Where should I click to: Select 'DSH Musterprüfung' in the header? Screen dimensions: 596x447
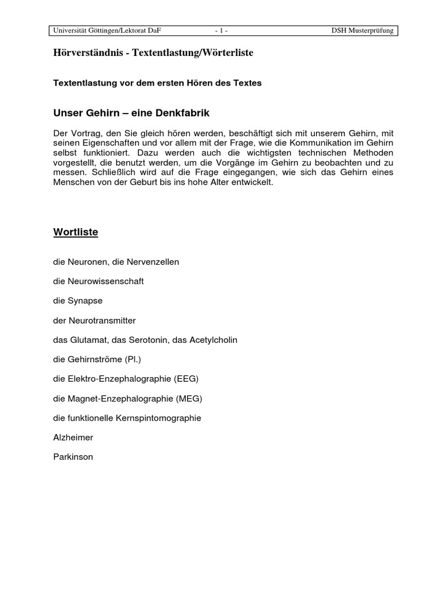click(x=362, y=30)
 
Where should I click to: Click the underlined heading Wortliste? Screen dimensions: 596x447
click(x=76, y=232)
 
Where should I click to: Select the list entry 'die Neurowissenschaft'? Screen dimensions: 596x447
click(x=98, y=281)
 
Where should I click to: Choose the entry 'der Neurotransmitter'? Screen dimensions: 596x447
click(x=94, y=321)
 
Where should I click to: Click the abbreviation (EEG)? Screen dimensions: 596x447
click(x=186, y=379)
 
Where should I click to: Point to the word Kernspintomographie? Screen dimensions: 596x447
click(x=165, y=418)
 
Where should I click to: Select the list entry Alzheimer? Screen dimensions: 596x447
click(x=73, y=438)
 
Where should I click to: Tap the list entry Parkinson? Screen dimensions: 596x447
click(x=73, y=457)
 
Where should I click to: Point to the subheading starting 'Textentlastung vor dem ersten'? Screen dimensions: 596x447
click(x=157, y=83)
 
